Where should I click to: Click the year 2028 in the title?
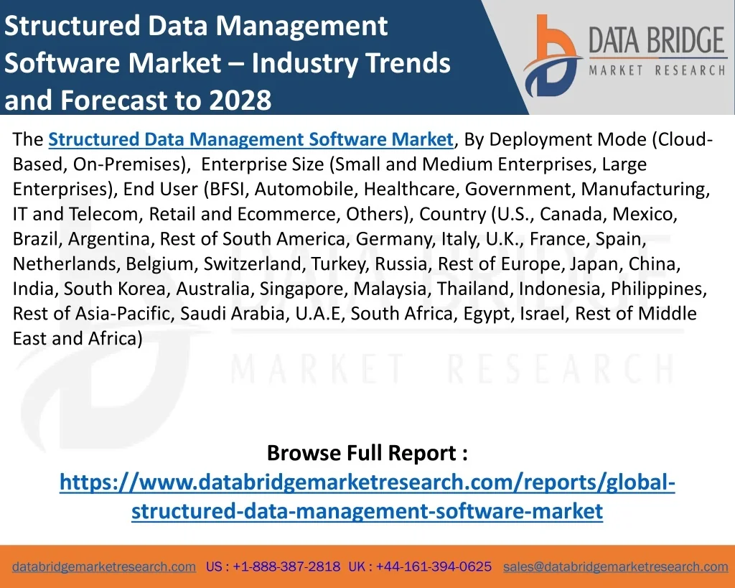(x=240, y=101)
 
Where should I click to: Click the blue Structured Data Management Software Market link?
(x=251, y=139)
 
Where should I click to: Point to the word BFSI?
(x=225, y=190)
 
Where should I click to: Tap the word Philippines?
(x=663, y=289)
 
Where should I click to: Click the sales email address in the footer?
(x=615, y=566)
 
